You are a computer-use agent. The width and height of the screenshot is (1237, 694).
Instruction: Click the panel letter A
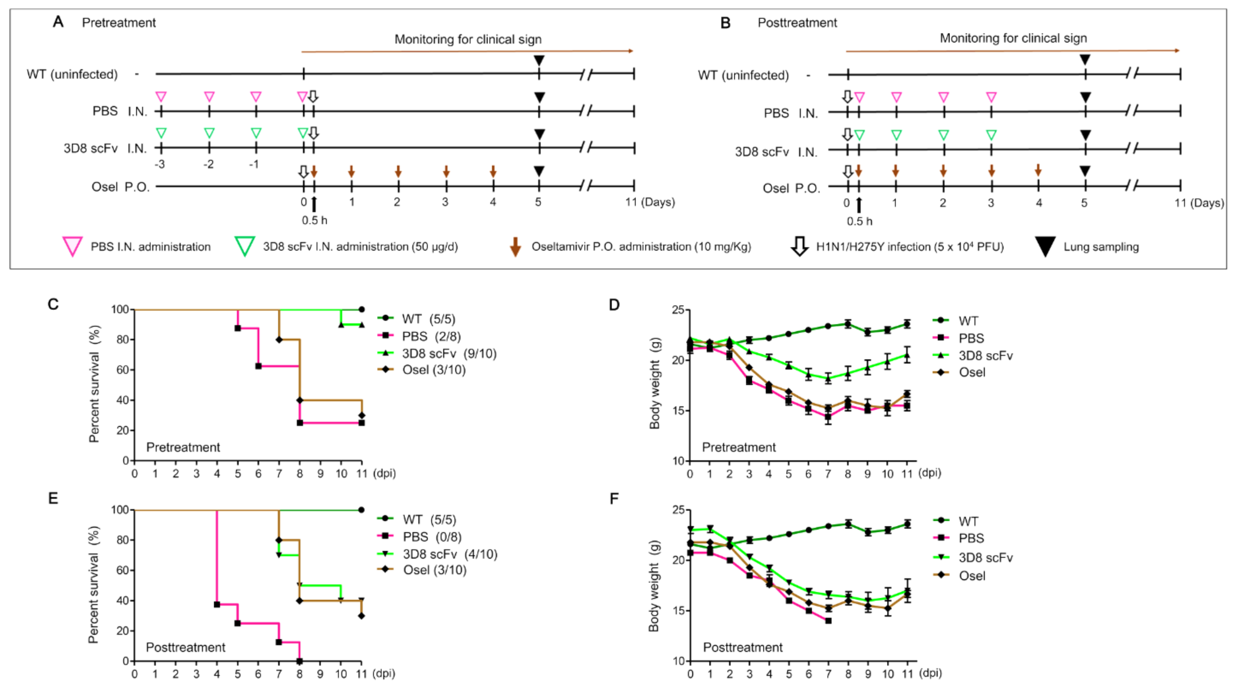(x=58, y=22)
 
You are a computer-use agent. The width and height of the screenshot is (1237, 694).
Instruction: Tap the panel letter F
(x=614, y=499)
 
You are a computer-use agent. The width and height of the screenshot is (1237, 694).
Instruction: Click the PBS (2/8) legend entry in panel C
(x=431, y=336)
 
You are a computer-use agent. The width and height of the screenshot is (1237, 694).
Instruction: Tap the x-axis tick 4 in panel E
(x=217, y=674)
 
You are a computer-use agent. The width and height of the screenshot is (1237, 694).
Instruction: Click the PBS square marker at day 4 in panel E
(x=217, y=604)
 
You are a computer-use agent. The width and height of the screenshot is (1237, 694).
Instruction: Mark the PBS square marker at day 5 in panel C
(x=238, y=328)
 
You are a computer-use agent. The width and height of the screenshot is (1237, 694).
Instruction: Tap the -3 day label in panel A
(x=160, y=164)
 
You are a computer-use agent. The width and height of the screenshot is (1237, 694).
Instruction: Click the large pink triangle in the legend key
(x=72, y=246)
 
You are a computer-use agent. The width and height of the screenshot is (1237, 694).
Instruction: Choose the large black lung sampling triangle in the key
(x=1045, y=246)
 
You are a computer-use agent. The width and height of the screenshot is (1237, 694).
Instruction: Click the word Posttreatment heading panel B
(x=797, y=23)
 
